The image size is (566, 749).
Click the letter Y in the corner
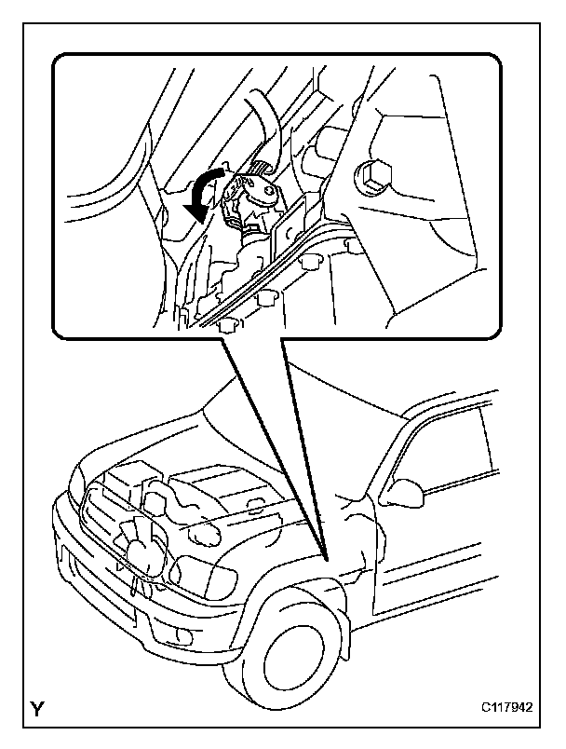[x=36, y=708]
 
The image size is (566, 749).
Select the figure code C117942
[x=506, y=706]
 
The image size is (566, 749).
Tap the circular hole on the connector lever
[x=271, y=191]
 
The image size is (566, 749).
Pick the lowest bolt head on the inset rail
[x=228, y=326]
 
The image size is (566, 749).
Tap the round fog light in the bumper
[x=182, y=635]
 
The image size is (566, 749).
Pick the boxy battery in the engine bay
[x=128, y=477]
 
